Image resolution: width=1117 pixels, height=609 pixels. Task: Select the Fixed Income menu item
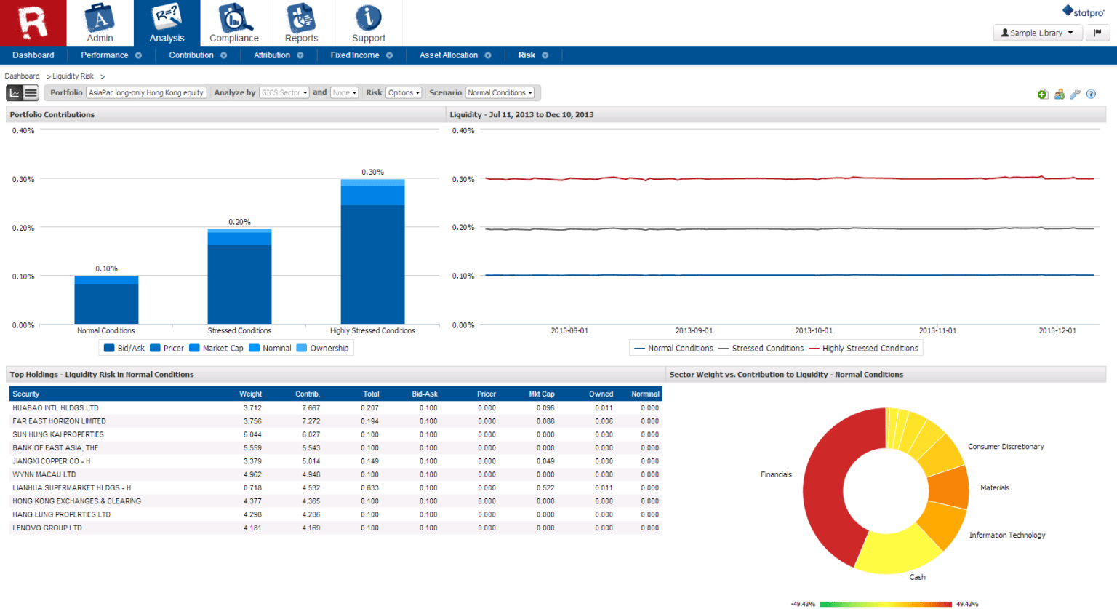coord(355,55)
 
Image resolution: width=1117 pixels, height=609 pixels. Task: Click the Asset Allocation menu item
coord(449,55)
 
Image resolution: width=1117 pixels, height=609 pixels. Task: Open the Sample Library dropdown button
coord(1037,33)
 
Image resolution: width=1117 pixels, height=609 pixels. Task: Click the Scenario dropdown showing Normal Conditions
coord(500,93)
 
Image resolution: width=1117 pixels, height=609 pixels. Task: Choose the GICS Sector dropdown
coord(284,93)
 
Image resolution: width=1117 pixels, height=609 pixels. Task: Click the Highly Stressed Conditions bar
coord(372,255)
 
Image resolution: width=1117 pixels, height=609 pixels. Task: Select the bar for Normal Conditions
coord(106,302)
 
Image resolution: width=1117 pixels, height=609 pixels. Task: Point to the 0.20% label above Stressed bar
coord(239,222)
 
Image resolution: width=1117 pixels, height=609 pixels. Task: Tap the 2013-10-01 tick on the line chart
coord(814,330)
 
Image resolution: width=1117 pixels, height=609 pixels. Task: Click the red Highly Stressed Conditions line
coord(727,178)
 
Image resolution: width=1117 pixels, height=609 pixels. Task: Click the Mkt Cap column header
coord(541,394)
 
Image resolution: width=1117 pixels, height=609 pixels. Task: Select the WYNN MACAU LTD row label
coord(44,474)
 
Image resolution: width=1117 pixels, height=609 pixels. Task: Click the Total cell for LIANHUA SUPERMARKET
coord(369,488)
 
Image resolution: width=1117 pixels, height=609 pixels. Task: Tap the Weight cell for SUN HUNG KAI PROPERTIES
coord(252,434)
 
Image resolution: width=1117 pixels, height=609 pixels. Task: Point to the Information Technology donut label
coord(1006,536)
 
